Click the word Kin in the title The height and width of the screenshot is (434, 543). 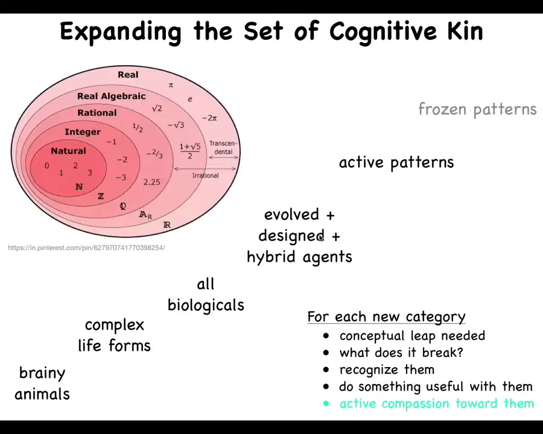point(465,31)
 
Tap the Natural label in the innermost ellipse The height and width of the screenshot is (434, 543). point(68,151)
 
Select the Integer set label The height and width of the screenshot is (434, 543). point(83,132)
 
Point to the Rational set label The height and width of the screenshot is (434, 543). point(97,113)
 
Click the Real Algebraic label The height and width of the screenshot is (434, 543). point(111,96)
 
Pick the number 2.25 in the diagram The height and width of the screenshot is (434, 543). point(151,181)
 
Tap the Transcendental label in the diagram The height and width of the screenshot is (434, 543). point(223,148)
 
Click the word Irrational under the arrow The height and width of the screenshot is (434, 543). point(205,175)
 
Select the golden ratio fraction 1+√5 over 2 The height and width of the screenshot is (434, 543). point(189,151)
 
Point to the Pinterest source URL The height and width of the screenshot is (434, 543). point(86,248)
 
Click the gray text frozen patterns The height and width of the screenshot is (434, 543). point(477,109)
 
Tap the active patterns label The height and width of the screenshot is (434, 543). point(396,162)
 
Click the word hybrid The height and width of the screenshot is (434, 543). point(271,257)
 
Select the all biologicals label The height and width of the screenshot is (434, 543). point(206,295)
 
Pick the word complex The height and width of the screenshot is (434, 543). point(115,325)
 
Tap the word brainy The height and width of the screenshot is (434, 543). point(42,373)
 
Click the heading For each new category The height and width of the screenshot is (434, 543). point(386,317)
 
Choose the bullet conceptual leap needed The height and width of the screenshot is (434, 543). point(412,336)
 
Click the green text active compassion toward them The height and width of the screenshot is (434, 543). point(436,403)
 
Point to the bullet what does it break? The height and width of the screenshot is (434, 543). point(401,353)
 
